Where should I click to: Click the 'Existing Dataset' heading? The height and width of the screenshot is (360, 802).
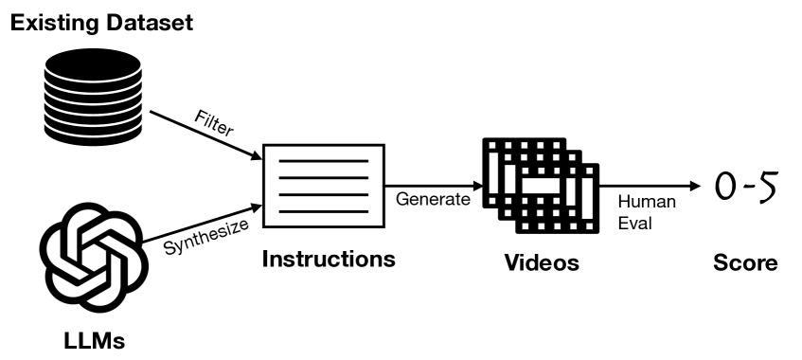101,21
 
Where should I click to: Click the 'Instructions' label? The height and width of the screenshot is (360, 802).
328,259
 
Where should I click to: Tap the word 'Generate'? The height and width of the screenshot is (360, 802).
432,199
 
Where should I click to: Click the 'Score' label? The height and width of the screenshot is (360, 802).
745,262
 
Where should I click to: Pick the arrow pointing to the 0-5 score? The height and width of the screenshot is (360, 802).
653,186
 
